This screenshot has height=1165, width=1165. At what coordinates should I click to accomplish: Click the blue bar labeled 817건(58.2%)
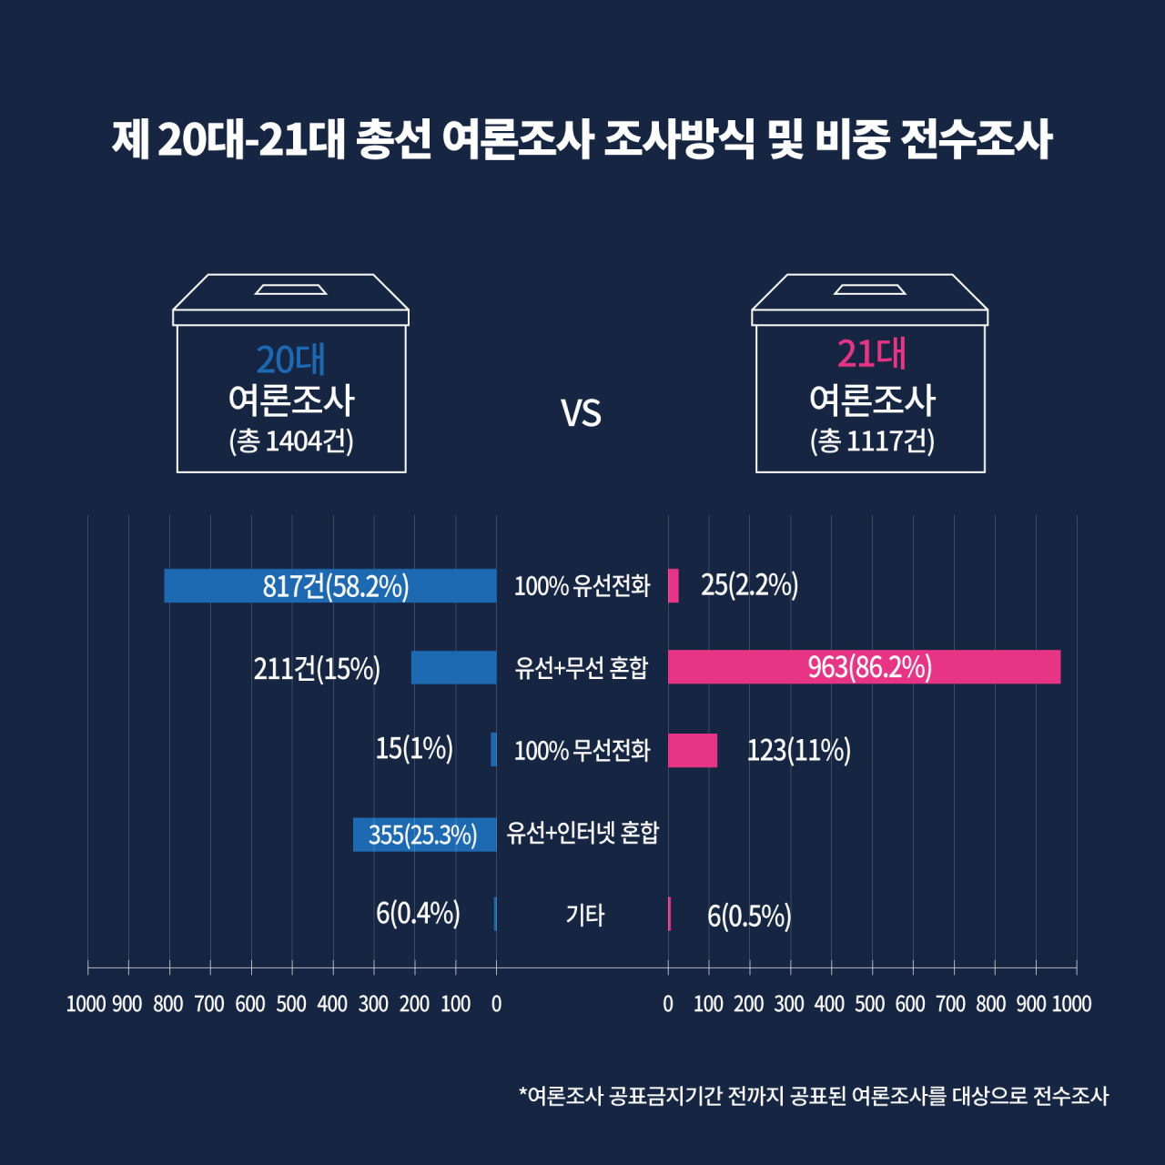pos(330,585)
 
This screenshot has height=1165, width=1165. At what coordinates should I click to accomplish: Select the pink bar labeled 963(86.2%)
pos(864,667)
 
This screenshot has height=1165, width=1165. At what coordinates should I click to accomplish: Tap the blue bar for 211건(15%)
pos(453,667)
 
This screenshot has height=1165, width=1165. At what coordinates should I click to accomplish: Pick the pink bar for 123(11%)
pos(693,750)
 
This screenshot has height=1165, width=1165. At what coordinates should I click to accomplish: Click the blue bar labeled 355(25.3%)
pos(424,835)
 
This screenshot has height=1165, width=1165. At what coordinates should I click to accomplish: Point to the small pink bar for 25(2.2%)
pos(673,585)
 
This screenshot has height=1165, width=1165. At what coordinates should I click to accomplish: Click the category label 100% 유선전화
pos(582,586)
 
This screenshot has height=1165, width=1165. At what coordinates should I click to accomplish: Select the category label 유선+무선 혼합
pos(581,668)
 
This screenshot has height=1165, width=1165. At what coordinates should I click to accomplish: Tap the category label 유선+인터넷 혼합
pos(582,833)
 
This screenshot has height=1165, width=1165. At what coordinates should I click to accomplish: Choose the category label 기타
pos(584,915)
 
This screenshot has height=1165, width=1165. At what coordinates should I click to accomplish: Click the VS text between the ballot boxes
pos(581,413)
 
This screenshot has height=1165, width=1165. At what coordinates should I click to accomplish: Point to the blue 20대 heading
pos(291,360)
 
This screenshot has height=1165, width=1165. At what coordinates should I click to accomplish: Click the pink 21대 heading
pos(871,354)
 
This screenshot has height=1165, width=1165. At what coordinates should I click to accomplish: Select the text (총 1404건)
pos(291,441)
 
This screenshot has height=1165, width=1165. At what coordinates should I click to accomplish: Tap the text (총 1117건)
pos(872,441)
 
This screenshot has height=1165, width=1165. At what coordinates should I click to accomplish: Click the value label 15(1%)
pos(414,748)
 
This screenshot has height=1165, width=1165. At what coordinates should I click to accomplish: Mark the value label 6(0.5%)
pos(749,916)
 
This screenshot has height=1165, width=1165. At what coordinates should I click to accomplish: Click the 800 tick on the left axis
pos(168,1004)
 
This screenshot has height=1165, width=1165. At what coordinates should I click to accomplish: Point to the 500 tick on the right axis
pos(869,1004)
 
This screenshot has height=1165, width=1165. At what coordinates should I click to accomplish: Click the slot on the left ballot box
pos(291,289)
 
